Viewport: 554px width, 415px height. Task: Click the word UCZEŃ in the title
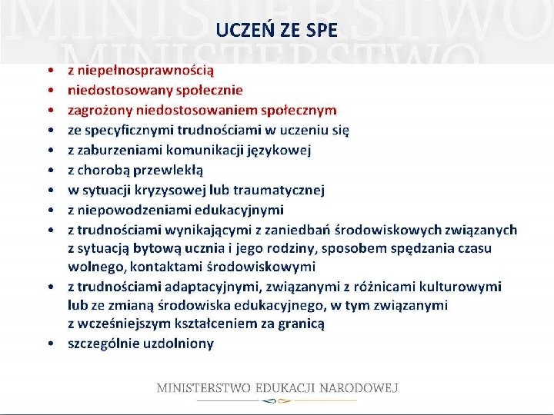(x=240, y=31)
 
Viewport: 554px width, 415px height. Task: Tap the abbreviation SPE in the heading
(x=320, y=31)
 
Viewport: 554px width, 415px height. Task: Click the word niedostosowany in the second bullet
(x=114, y=90)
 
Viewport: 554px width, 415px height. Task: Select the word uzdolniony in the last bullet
(x=178, y=344)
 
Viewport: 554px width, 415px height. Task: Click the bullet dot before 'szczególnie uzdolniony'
(x=48, y=344)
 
